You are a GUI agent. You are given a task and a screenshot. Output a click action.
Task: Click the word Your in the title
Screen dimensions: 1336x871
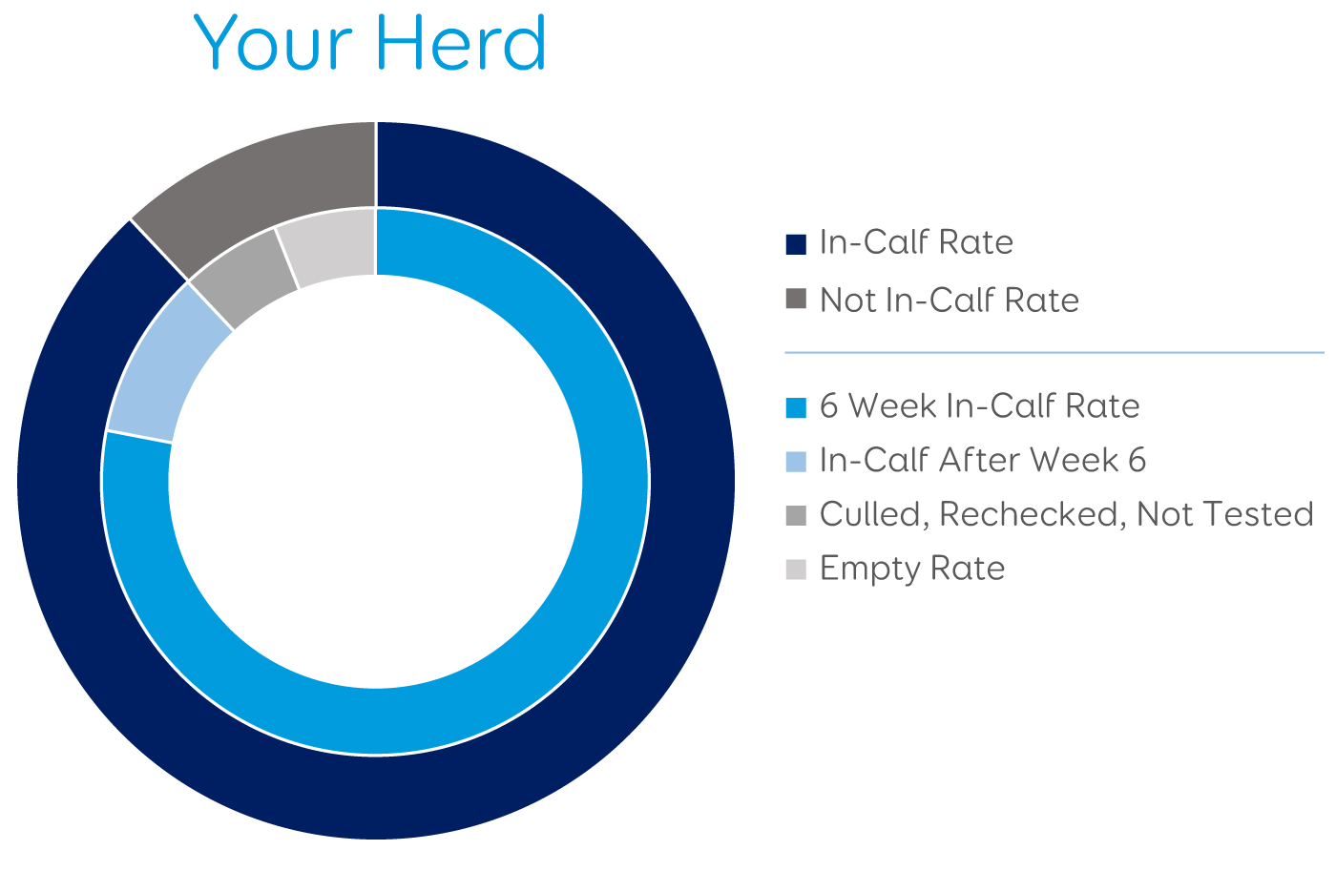[273, 43]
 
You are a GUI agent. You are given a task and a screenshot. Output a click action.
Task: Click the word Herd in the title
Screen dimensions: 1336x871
[462, 42]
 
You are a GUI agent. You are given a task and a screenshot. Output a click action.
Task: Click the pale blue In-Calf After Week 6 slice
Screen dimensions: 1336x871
[161, 369]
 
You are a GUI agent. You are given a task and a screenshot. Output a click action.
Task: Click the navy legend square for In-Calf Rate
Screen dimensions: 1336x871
[796, 244]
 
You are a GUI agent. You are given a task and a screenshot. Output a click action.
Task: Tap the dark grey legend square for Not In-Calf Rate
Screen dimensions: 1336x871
[796, 299]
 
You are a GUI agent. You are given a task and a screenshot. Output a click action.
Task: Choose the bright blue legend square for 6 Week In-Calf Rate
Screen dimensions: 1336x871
[796, 407]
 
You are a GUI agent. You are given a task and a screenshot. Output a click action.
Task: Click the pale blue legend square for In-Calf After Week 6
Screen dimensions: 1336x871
[796, 462]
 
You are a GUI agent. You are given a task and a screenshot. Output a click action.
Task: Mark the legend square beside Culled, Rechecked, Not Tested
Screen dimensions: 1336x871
[796, 516]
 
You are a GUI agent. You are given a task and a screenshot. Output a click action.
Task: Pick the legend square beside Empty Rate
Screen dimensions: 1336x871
[796, 570]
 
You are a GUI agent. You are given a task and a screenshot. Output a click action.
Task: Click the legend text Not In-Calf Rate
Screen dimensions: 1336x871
[950, 300]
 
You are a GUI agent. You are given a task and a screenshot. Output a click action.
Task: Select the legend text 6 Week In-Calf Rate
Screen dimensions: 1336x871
[980, 406]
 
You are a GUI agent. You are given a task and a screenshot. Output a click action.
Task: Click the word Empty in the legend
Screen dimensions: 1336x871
[869, 570]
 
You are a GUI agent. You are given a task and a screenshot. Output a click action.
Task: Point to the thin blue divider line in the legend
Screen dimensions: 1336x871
[1054, 353]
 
